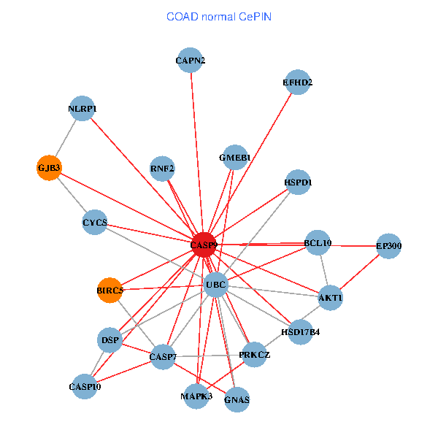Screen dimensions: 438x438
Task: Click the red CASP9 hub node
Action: (204, 245)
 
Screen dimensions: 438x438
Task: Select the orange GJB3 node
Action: (49, 168)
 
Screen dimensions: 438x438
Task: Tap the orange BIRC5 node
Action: (109, 291)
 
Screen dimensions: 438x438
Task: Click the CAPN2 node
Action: (191, 61)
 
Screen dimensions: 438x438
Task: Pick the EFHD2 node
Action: (298, 82)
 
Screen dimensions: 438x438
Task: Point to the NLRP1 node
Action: (82, 109)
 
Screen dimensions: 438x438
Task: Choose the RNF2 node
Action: (162, 169)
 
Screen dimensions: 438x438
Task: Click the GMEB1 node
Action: (235, 158)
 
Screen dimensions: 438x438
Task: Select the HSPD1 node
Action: (298, 182)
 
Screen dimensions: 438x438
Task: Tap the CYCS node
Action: (95, 222)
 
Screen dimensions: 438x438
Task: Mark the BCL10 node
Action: (318, 243)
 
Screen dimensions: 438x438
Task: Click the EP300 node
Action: (389, 247)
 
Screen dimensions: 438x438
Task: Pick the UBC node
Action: (216, 284)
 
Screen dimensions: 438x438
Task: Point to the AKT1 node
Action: (331, 298)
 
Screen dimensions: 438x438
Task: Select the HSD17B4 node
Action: (301, 332)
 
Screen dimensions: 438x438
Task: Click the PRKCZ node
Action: (254, 355)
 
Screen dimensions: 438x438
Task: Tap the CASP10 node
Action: (85, 386)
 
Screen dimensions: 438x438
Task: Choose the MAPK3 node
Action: (196, 396)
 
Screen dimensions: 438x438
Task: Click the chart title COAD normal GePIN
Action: (219, 16)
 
